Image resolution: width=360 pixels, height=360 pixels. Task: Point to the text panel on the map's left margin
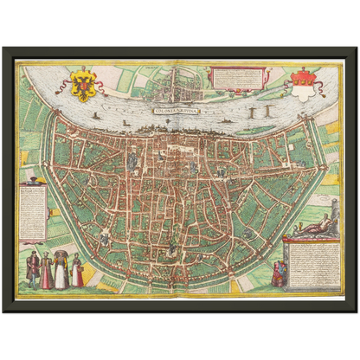tap(32, 212)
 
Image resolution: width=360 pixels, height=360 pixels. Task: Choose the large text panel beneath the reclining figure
tap(312, 263)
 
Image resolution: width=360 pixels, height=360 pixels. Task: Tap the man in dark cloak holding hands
tap(33, 270)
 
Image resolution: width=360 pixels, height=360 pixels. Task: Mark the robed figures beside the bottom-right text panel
tap(279, 273)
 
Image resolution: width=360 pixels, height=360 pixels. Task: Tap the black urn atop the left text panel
tap(32, 179)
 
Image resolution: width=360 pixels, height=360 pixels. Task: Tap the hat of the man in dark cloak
tap(33, 254)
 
